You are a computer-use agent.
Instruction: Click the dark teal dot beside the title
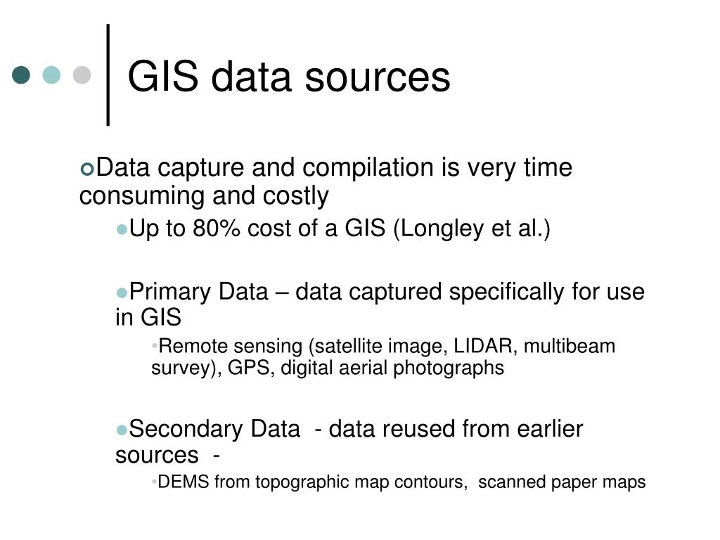click(x=22, y=75)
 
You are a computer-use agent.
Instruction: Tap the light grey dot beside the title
click(x=82, y=75)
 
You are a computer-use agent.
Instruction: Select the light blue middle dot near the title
click(x=52, y=75)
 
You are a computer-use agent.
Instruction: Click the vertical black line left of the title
click(x=108, y=75)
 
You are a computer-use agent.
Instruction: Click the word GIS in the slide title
click(x=163, y=77)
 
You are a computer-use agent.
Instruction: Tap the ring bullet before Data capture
click(x=87, y=169)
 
